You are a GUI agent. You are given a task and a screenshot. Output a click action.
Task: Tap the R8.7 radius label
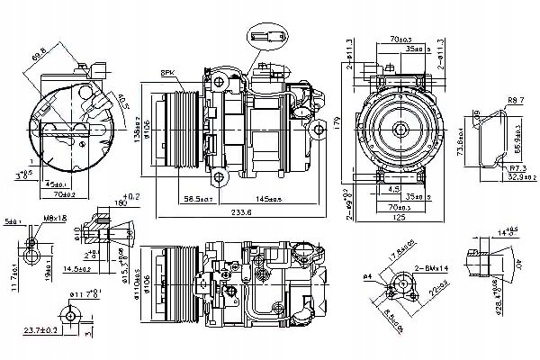[515, 99]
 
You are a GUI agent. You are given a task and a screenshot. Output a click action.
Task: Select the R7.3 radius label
[515, 167]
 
